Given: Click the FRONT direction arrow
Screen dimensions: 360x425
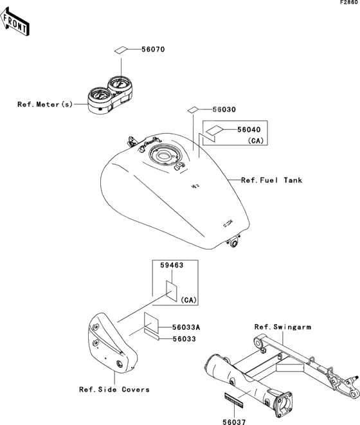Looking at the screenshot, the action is (x=15, y=22).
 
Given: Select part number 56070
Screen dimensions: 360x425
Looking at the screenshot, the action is (x=153, y=50).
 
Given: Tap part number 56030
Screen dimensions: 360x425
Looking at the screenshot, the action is (x=224, y=109).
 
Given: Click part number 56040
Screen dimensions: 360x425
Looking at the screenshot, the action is (x=249, y=130).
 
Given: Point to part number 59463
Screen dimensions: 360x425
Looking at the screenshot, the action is (x=172, y=265).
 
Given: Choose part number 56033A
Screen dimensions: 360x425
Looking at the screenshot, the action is (x=186, y=327).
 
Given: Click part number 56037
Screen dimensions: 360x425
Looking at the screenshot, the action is (x=234, y=422).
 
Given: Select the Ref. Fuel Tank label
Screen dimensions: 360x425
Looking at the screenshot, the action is (x=272, y=180).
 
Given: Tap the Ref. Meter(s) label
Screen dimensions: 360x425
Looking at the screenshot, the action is (x=45, y=104).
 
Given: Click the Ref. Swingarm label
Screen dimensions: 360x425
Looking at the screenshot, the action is (x=283, y=327).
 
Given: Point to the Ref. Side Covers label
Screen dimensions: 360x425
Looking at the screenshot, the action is (x=114, y=390).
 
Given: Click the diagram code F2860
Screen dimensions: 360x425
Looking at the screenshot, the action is (x=350, y=3).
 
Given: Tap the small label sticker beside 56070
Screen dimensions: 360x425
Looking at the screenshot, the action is (x=120, y=50).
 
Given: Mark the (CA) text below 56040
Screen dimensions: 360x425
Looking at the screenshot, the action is (x=256, y=141).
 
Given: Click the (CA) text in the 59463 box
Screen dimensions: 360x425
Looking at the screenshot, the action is (x=188, y=300).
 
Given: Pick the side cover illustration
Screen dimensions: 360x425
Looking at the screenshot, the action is (x=112, y=343).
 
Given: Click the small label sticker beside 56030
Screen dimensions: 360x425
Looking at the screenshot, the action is (x=193, y=110).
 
